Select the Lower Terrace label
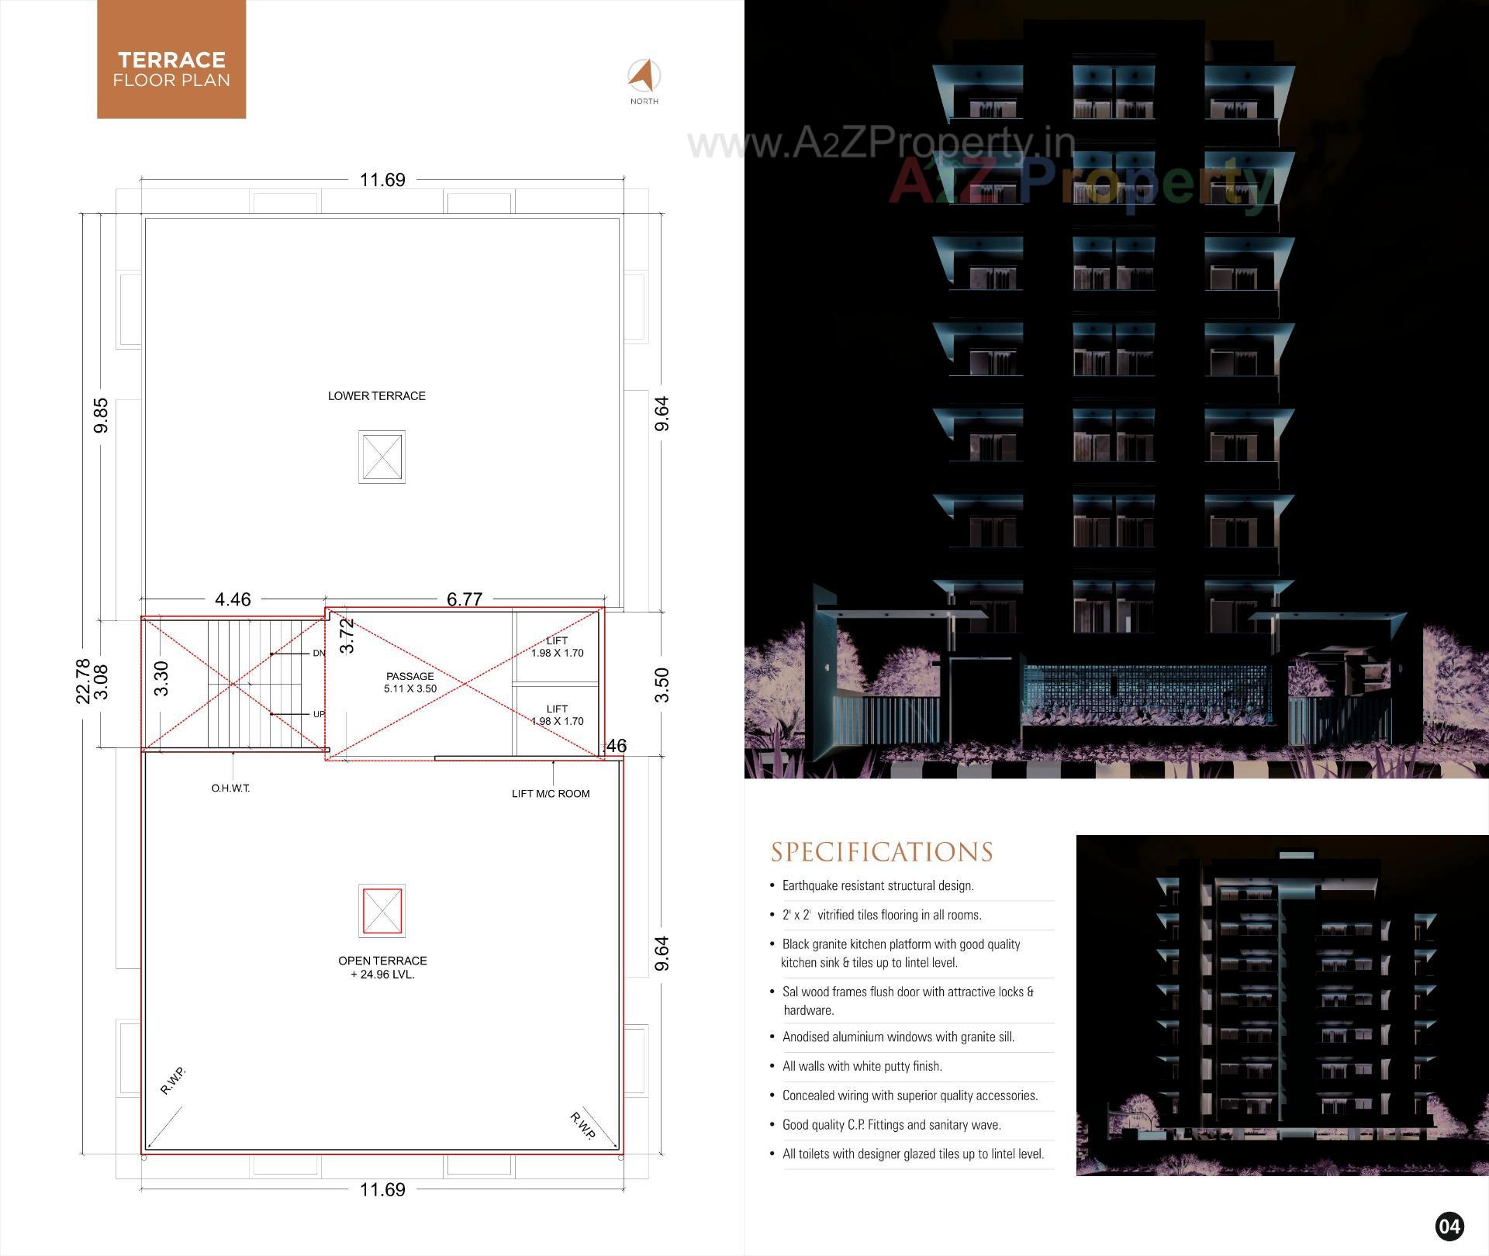376,396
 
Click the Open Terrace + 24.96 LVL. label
382,967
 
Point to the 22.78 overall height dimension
83,681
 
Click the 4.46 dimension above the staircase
233,599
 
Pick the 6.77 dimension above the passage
464,599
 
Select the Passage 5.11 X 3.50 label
410,682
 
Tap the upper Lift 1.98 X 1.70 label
557,647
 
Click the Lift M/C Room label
551,793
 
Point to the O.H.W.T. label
230,788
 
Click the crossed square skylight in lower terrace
382,457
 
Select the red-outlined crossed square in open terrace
382,910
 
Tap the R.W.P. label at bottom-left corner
173,1081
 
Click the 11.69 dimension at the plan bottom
382,1189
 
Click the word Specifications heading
882,852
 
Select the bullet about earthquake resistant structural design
877,885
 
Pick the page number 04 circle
1449,1227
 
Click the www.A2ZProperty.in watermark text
881,143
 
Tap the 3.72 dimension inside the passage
347,635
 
